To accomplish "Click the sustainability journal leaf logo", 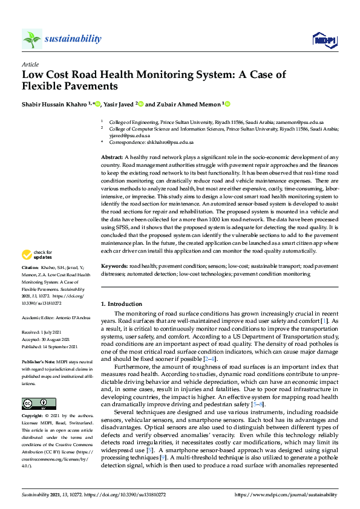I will pos(31,39).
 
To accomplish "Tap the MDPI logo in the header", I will pos(323,39).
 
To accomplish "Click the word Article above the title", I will pos(30,63).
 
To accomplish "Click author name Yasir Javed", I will pos(117,104).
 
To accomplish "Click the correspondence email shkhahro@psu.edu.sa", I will pos(172,142).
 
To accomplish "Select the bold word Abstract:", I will pos(113,157).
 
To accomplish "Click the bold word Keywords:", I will pos(114,266).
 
